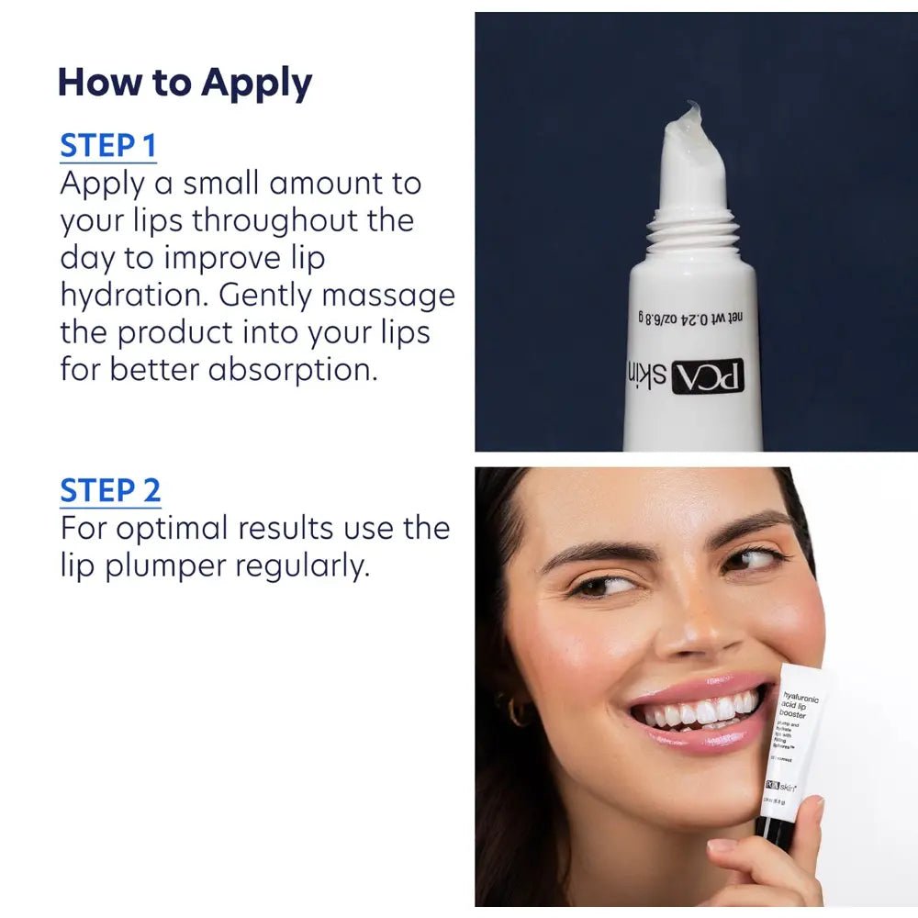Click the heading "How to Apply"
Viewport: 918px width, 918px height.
(185, 83)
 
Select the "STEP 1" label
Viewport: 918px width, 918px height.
(107, 146)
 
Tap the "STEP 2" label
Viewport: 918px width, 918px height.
(110, 491)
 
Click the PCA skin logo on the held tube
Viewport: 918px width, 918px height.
(780, 787)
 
